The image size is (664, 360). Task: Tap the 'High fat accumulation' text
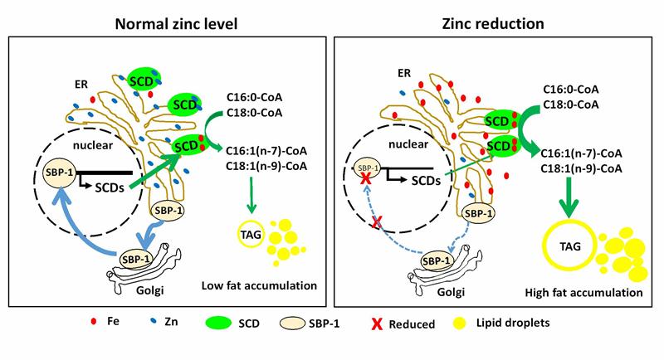[585, 292]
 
